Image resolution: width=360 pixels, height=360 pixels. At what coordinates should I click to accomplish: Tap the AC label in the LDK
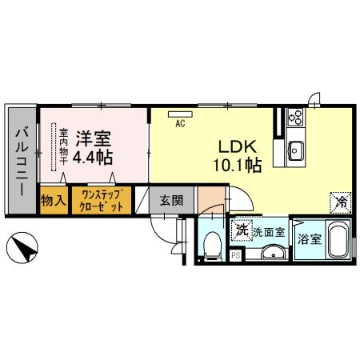coord(180,122)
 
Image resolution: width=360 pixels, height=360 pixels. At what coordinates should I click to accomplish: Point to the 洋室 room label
coord(90,137)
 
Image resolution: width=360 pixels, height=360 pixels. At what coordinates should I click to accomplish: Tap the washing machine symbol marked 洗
coord(242,230)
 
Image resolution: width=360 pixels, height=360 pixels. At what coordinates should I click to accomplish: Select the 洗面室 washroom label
coord(268,232)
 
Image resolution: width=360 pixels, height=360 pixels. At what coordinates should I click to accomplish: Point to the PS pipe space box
coord(236,255)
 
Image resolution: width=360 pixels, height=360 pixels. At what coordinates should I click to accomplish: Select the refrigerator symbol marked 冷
coord(342,202)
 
